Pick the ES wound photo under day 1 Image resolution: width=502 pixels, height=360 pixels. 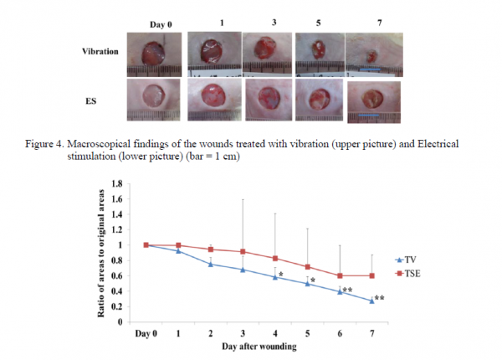pos(212,101)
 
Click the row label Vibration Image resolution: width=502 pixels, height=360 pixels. pos(101,51)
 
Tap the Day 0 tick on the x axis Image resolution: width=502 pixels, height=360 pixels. pos(146,333)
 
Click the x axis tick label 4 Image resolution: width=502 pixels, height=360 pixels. pos(275,333)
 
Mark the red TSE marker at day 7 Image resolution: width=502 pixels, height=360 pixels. pos(371,275)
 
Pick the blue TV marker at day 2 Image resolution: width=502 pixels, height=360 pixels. pos(211,264)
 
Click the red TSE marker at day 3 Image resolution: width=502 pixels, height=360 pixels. pos(243,251)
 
